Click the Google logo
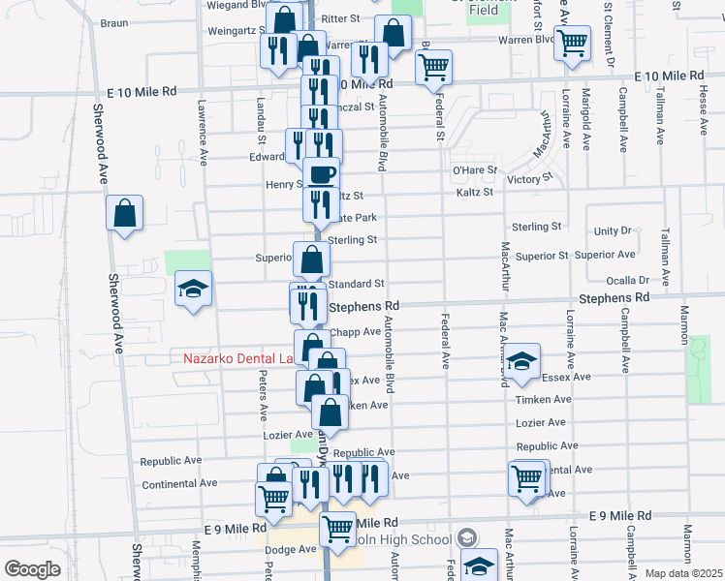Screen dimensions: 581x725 pyautogui.click(x=33, y=569)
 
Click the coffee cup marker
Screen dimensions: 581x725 pyautogui.click(x=322, y=175)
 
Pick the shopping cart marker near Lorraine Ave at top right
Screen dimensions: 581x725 pyautogui.click(x=573, y=43)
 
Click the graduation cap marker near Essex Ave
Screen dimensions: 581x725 pyautogui.click(x=522, y=363)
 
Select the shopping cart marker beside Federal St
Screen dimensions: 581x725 pyautogui.click(x=433, y=68)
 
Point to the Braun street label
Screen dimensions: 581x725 pyautogui.click(x=114, y=22)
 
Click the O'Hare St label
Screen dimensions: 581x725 pyautogui.click(x=475, y=169)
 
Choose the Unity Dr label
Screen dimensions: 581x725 pyautogui.click(x=613, y=230)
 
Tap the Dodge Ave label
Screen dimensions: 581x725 pyautogui.click(x=293, y=549)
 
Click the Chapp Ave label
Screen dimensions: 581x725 pyautogui.click(x=355, y=331)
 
